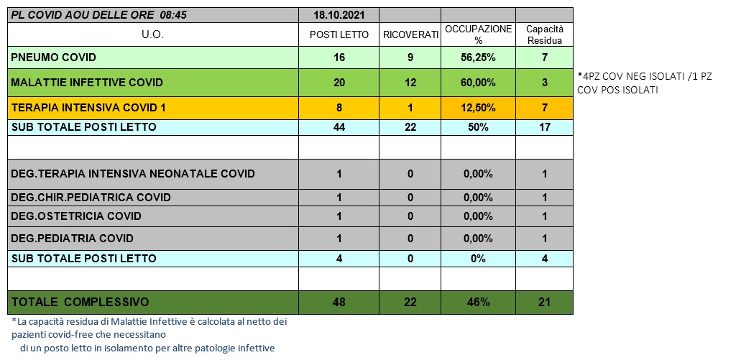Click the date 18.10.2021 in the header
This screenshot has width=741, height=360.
[x=339, y=14]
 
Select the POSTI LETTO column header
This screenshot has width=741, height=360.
[x=339, y=34]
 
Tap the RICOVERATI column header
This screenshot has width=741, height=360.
[x=410, y=34]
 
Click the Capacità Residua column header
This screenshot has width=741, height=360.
[x=544, y=34]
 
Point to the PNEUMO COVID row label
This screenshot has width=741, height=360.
[x=54, y=57]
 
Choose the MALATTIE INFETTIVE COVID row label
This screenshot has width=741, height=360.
[x=87, y=82]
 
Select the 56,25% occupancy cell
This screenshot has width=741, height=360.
[x=478, y=57]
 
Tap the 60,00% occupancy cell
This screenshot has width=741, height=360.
[x=478, y=82]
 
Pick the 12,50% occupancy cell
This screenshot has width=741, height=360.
[x=478, y=108]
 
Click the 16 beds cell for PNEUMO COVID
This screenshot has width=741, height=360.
[x=339, y=57]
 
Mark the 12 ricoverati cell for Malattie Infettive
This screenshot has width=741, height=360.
[x=410, y=82]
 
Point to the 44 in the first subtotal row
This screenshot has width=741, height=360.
[x=339, y=127]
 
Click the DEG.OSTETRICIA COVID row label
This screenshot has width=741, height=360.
[x=76, y=216]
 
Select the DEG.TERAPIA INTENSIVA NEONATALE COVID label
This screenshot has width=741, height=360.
[x=133, y=174]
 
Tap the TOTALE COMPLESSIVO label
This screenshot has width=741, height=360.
[x=80, y=302]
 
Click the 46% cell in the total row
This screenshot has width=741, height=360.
[x=478, y=302]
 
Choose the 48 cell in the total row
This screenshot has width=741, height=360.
[x=339, y=302]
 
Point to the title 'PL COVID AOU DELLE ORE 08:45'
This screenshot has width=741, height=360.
[x=99, y=14]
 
